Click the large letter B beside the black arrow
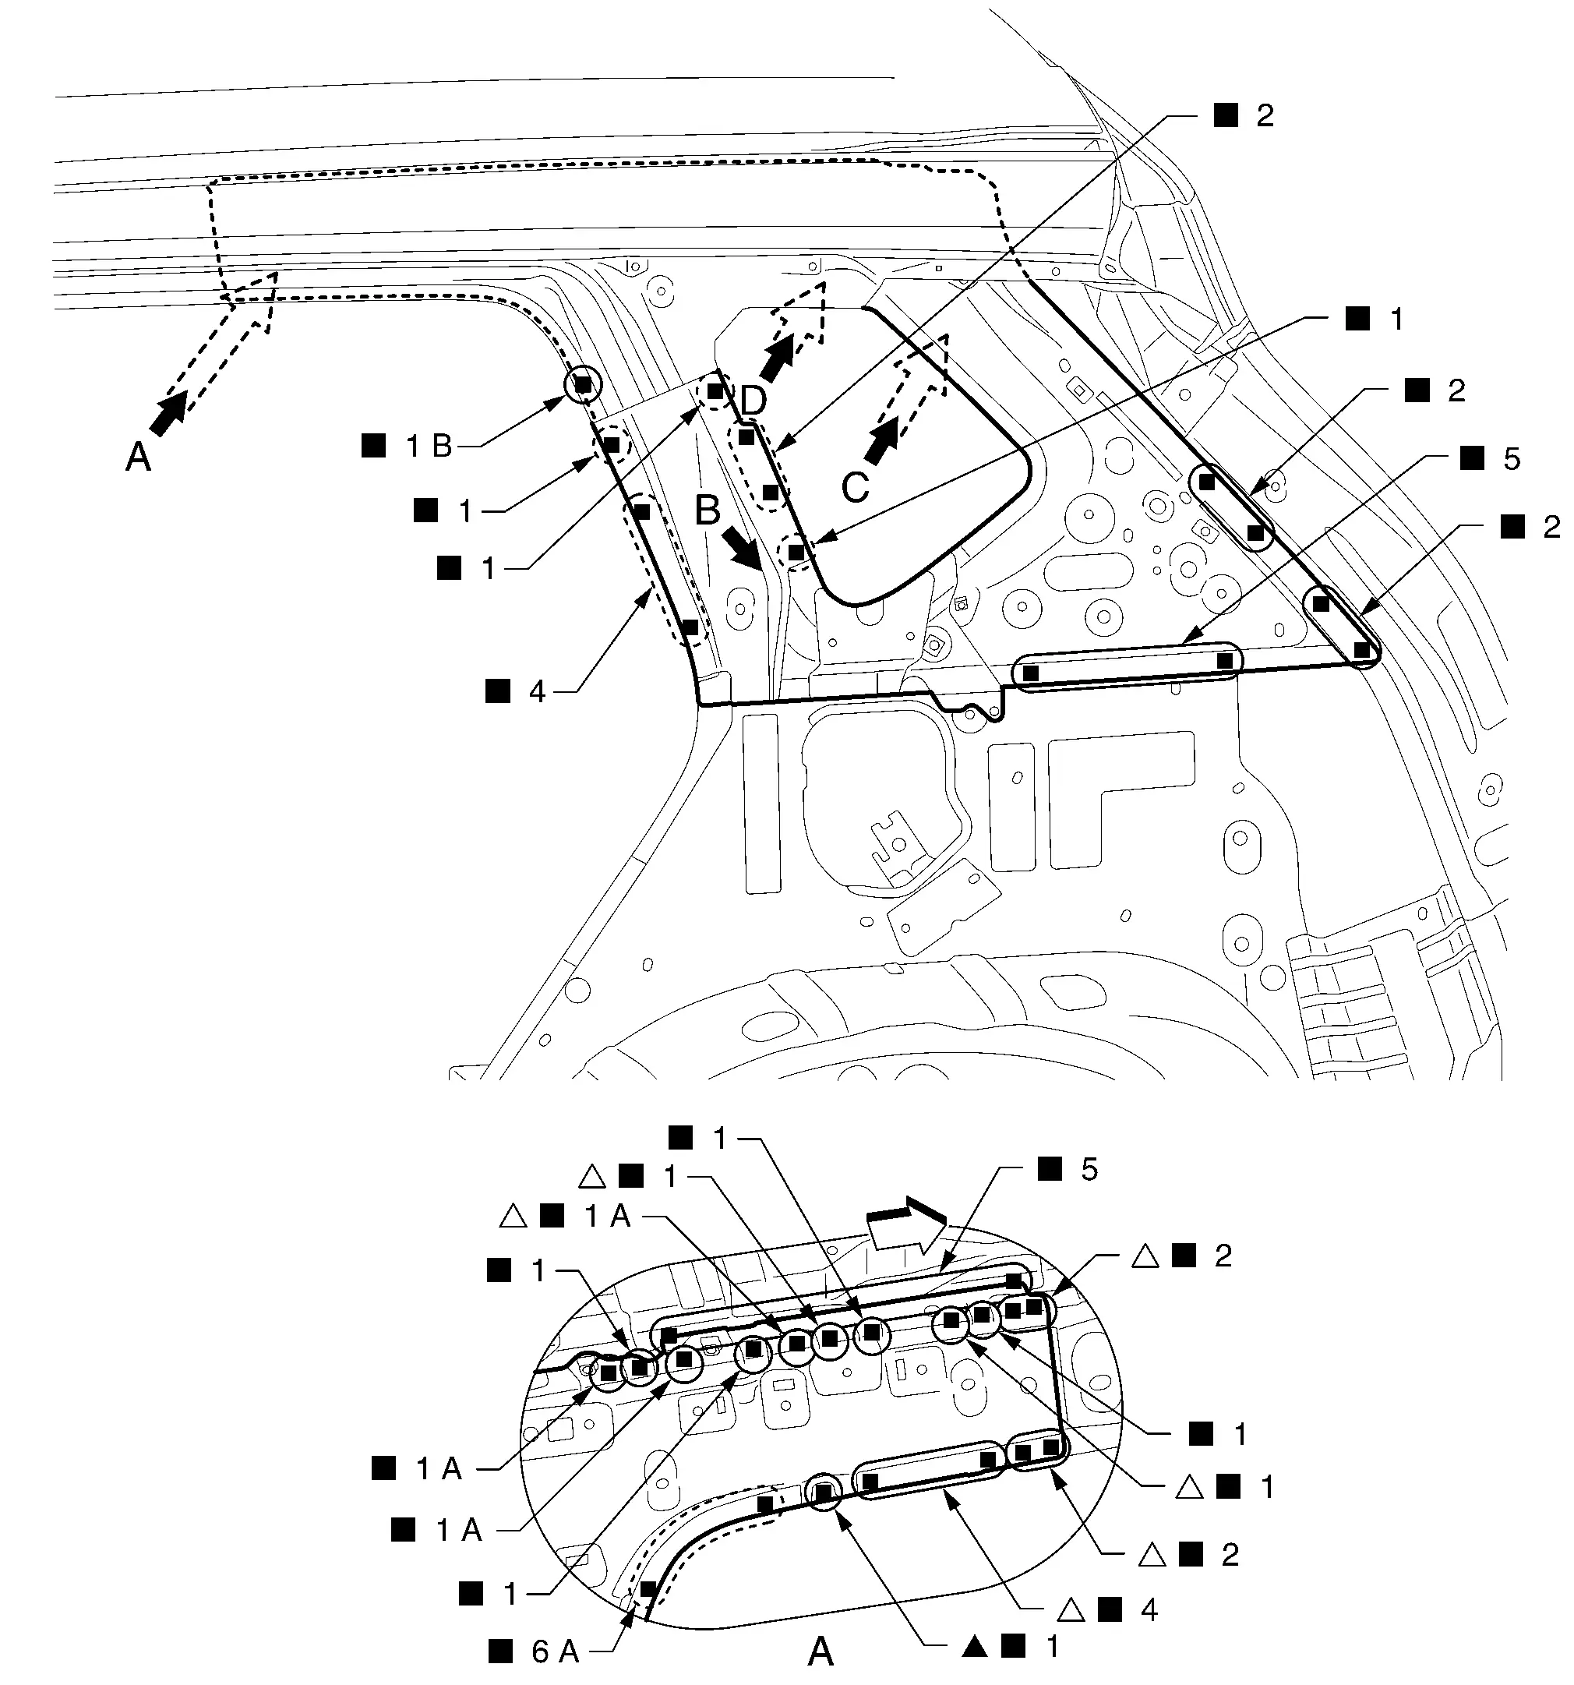click(x=708, y=510)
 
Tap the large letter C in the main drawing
click(x=856, y=488)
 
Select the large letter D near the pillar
click(x=753, y=401)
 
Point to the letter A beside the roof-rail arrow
click(x=138, y=457)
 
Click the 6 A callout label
click(x=535, y=1651)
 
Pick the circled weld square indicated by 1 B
click(x=583, y=385)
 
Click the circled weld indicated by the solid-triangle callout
click(x=824, y=1493)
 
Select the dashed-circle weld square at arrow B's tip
click(x=796, y=553)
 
